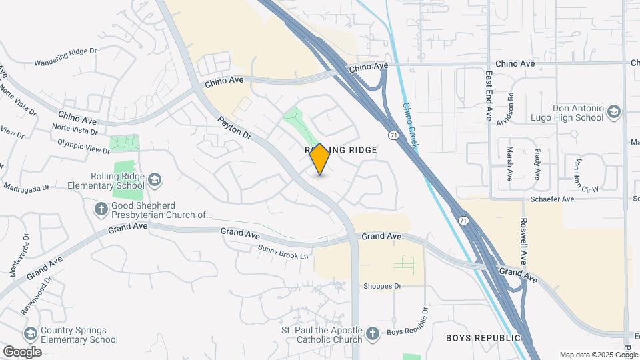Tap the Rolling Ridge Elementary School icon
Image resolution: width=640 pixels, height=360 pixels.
155,180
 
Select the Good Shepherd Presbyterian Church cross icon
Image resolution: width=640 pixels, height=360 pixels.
101,209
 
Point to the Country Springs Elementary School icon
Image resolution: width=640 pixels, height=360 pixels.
30,333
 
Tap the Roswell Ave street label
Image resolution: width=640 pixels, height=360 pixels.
524,241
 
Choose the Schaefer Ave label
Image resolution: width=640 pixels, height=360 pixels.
552,199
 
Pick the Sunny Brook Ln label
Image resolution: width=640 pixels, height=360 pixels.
285,252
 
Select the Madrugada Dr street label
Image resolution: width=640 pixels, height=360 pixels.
27,187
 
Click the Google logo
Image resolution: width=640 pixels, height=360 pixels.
22,351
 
